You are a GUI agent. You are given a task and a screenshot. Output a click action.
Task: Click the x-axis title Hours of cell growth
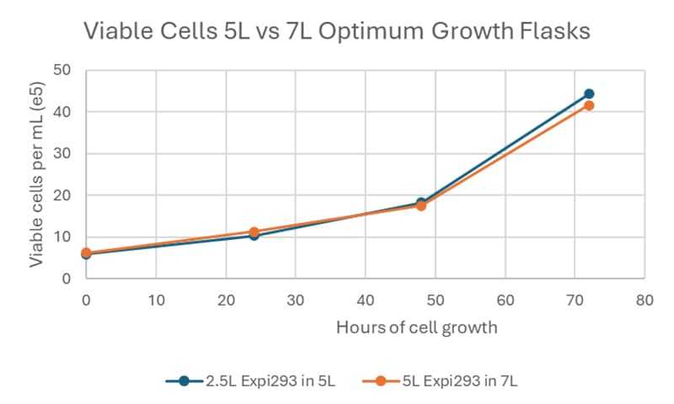coord(416,327)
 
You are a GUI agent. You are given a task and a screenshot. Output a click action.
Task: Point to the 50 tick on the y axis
coord(62,71)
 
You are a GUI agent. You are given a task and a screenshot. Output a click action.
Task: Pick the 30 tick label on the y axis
coord(62,154)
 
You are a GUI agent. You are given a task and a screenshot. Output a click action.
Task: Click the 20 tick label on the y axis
coord(62,195)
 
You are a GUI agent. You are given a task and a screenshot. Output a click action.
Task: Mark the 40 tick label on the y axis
coord(62,112)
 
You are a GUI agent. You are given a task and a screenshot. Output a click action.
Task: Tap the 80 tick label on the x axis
coord(645,299)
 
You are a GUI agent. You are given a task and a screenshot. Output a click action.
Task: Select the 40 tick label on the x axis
coord(365,299)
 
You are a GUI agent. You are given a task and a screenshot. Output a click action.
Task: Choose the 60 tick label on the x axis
coord(505,299)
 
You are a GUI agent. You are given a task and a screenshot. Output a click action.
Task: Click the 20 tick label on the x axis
coord(226,299)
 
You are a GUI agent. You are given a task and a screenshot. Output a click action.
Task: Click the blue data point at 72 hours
coord(589,94)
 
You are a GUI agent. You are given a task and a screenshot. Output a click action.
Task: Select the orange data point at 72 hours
coord(589,105)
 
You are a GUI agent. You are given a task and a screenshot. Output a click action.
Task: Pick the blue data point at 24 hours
coord(254,236)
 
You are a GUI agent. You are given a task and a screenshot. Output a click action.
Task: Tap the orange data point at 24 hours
coord(254,231)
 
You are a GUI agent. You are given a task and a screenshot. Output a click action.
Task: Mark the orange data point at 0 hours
coord(86,252)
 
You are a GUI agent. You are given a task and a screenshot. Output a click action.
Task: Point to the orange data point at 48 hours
coord(421,205)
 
